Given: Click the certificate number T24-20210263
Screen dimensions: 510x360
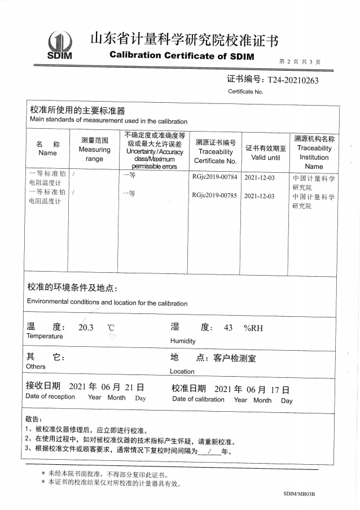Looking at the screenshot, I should [x=293, y=80].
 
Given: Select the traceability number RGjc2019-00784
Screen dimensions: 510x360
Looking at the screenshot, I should [x=214, y=177].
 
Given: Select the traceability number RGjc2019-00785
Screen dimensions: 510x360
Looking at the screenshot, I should [x=214, y=196].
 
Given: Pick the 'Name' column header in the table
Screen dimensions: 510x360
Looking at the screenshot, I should [x=47, y=153].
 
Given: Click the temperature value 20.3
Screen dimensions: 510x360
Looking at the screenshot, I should [x=86, y=328].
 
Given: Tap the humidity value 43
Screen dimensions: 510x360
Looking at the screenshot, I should [x=229, y=328].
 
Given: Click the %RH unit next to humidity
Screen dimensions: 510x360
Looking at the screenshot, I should [x=253, y=328].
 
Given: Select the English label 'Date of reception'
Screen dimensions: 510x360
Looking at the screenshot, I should [x=50, y=396].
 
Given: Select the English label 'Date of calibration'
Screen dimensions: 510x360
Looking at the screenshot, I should [x=198, y=399].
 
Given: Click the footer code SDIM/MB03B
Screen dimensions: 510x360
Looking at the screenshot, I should [x=298, y=494].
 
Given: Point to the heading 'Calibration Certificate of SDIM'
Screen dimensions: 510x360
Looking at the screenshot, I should [x=182, y=56].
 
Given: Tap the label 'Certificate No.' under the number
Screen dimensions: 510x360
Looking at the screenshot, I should [x=245, y=91].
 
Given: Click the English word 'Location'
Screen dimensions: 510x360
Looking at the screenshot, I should [x=182, y=372].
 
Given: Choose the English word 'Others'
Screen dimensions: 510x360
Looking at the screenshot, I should [x=36, y=367].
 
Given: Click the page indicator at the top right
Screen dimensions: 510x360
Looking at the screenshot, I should [x=300, y=62].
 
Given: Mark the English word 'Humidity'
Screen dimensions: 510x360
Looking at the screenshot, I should [x=183, y=341].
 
